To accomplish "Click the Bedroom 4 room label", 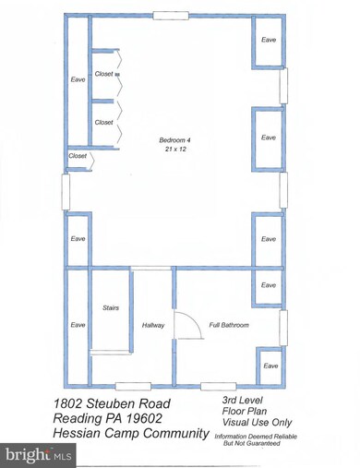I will coord(168,138).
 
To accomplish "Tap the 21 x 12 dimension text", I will coord(168,149).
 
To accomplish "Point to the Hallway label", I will coord(152,326).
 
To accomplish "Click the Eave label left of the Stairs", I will coord(78,326).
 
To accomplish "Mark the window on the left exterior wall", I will coord(65,192).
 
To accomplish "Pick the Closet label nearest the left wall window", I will coord(78,157).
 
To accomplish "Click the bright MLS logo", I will coord(39,455).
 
